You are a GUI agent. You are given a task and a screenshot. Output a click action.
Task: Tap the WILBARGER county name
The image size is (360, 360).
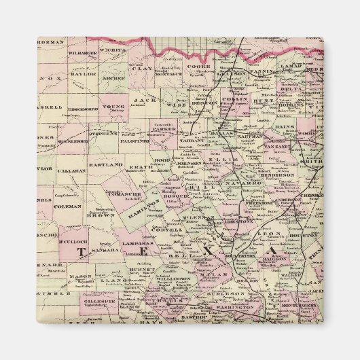click(82, 52)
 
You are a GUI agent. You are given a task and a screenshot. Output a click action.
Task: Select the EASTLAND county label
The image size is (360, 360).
click(105, 165)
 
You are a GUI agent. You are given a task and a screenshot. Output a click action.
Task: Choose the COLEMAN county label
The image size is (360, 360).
click(68, 206)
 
